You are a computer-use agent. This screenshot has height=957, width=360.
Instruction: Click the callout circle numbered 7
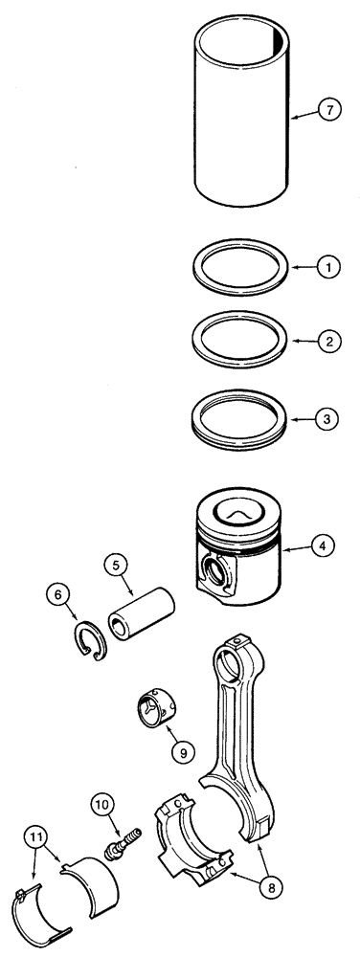(328, 112)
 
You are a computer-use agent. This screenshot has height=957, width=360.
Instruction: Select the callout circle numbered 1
(326, 269)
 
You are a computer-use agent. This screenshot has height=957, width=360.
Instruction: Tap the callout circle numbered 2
(326, 340)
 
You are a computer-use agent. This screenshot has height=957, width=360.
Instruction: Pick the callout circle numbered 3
(326, 419)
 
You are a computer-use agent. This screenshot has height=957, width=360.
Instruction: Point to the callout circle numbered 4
(326, 547)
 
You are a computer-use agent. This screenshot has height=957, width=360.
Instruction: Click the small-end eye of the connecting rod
(231, 660)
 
